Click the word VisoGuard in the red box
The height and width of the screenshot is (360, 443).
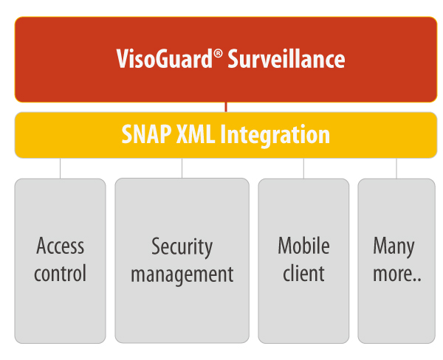164,58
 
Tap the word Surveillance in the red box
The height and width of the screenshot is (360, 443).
286,59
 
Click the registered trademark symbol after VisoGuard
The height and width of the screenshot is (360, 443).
218,53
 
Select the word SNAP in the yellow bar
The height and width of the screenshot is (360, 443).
146,134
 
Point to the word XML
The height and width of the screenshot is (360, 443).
195,134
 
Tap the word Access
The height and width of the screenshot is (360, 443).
61,246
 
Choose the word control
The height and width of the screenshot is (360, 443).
61,273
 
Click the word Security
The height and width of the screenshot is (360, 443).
182,248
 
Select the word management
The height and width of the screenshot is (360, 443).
182,275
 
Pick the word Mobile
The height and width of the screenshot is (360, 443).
303,245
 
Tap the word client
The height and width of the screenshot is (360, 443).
303,272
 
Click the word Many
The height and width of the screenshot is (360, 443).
394,247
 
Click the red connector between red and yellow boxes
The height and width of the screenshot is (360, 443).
226,107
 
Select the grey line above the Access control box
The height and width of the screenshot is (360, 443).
61,168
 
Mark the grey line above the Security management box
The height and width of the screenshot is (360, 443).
182,168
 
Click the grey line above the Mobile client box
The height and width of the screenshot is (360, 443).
303,168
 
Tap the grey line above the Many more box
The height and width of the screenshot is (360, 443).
396,168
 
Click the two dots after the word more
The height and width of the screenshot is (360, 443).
418,280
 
